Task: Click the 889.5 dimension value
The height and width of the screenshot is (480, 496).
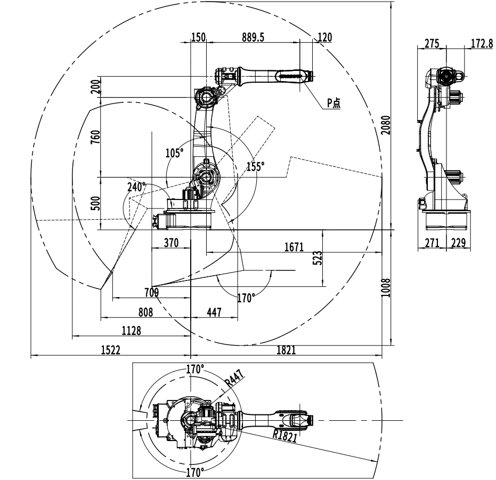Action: (x=253, y=37)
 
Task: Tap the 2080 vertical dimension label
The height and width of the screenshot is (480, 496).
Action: (x=386, y=125)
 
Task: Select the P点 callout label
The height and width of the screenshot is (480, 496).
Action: (x=334, y=103)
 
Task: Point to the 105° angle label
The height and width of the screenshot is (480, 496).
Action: (x=174, y=153)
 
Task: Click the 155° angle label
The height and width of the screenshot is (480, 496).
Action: (x=256, y=166)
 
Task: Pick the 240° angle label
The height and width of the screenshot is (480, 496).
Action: (x=136, y=187)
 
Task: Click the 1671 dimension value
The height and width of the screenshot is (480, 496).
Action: (x=294, y=246)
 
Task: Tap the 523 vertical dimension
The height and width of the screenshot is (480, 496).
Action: (x=319, y=258)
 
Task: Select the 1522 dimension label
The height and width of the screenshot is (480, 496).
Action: (x=111, y=350)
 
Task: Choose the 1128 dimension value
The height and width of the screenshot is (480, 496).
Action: (x=131, y=331)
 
